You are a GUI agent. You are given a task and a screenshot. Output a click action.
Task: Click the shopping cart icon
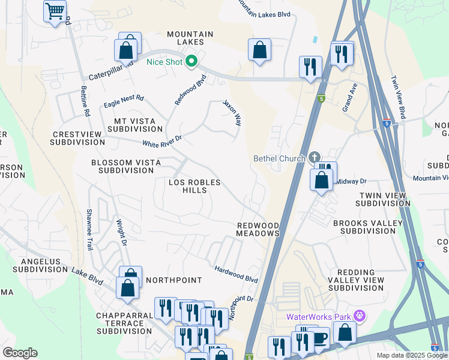55,11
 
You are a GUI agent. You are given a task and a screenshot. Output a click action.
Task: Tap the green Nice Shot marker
191,61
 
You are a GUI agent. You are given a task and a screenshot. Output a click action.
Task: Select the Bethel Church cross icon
314,158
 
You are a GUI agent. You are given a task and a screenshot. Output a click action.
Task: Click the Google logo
20,353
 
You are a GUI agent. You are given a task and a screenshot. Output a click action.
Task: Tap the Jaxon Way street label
232,112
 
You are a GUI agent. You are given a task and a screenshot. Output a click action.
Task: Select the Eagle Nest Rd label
124,98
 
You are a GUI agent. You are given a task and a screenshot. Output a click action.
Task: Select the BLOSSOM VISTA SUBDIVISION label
122,166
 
